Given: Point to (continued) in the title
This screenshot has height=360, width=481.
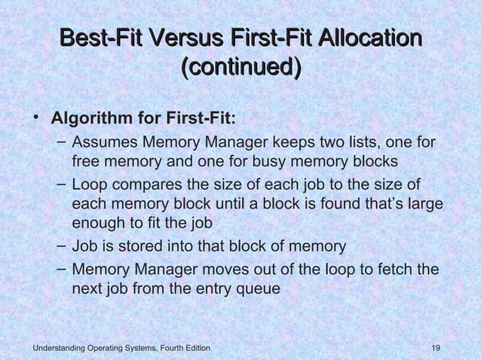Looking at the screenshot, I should pyautogui.click(x=241, y=69).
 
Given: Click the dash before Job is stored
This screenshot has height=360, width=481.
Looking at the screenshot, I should pyautogui.click(x=61, y=246).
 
